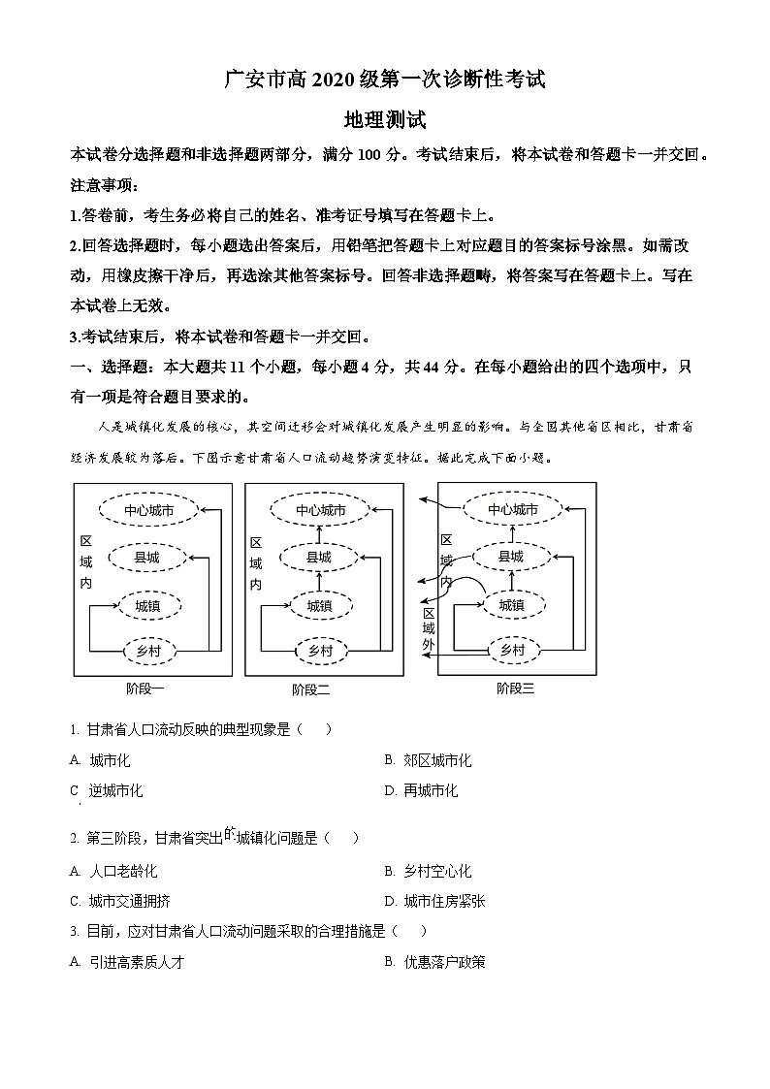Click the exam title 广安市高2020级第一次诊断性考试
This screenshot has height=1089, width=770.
tap(385, 80)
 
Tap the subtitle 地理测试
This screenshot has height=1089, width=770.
tap(385, 121)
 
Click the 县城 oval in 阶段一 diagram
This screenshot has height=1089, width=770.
tap(146, 558)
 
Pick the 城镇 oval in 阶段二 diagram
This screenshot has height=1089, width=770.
tap(319, 605)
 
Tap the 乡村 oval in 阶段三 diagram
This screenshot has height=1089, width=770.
tap(511, 650)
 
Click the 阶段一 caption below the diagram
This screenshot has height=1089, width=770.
tap(145, 689)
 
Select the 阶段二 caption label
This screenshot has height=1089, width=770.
tap(310, 689)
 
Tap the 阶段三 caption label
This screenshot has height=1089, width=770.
tap(515, 689)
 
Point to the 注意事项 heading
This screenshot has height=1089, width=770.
tap(105, 185)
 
